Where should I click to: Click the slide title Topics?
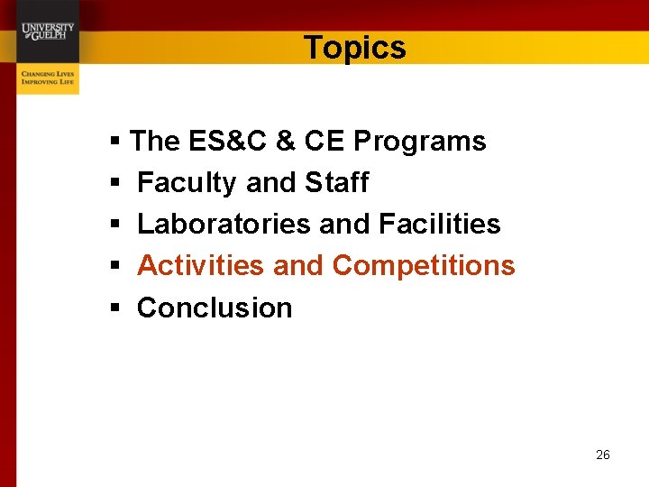pos(354,48)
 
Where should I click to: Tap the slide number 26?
pos(603,455)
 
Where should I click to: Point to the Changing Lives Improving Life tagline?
pos(49,77)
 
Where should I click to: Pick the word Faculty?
pos(187,183)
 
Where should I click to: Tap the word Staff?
pos(336,182)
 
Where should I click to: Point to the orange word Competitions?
pos(424,266)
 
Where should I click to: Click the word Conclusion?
pos(215,308)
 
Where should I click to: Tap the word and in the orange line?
pos(297,266)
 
